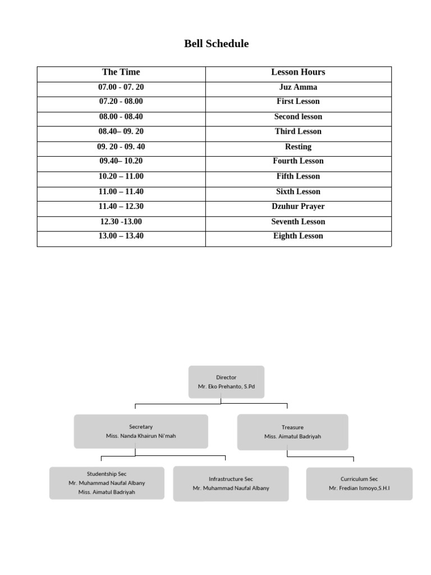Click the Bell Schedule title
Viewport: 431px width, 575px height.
pos(216,44)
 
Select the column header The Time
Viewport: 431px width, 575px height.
pos(121,72)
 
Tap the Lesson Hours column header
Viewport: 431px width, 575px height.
pos(298,72)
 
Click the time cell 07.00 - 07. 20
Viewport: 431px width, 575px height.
pos(121,87)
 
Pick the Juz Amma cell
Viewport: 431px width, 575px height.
pos(298,87)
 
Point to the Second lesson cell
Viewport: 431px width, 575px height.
pos(298,117)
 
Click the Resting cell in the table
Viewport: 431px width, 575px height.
pos(298,147)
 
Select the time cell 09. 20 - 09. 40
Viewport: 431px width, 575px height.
pos(121,147)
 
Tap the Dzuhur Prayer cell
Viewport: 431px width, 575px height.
pos(298,206)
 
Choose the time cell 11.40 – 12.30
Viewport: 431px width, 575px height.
pos(121,206)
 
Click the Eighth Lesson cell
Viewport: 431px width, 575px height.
pos(298,236)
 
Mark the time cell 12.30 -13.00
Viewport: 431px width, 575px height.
pos(121,221)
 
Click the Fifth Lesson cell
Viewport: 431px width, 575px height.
pos(298,176)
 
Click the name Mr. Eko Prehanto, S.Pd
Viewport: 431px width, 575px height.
pos(226,387)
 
